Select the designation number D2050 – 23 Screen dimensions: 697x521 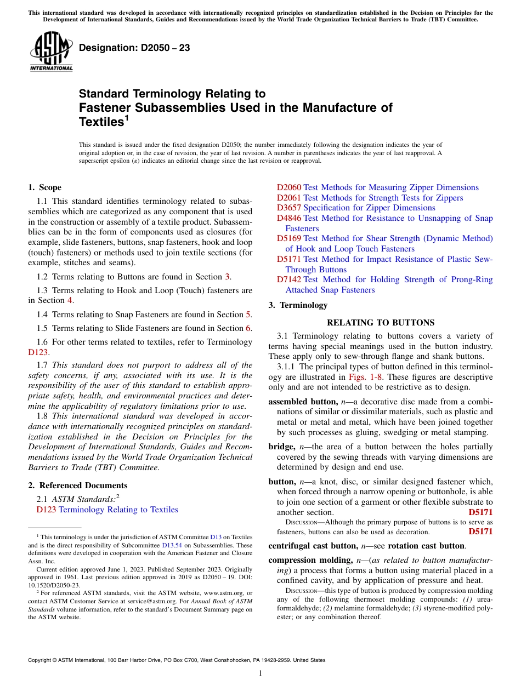click(x=134, y=48)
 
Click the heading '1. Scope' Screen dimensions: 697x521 click(x=45, y=187)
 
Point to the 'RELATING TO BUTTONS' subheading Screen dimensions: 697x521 click(x=381, y=323)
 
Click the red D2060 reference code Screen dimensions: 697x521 click(x=289, y=187)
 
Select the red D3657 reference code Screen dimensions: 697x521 click(x=289, y=208)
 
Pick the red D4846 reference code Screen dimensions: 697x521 click(x=289, y=218)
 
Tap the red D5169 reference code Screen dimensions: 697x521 click(x=289, y=238)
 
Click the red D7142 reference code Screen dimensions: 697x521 click(x=289, y=279)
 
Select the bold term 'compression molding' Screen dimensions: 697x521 click(x=310, y=560)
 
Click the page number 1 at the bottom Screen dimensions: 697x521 click(x=260, y=673)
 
